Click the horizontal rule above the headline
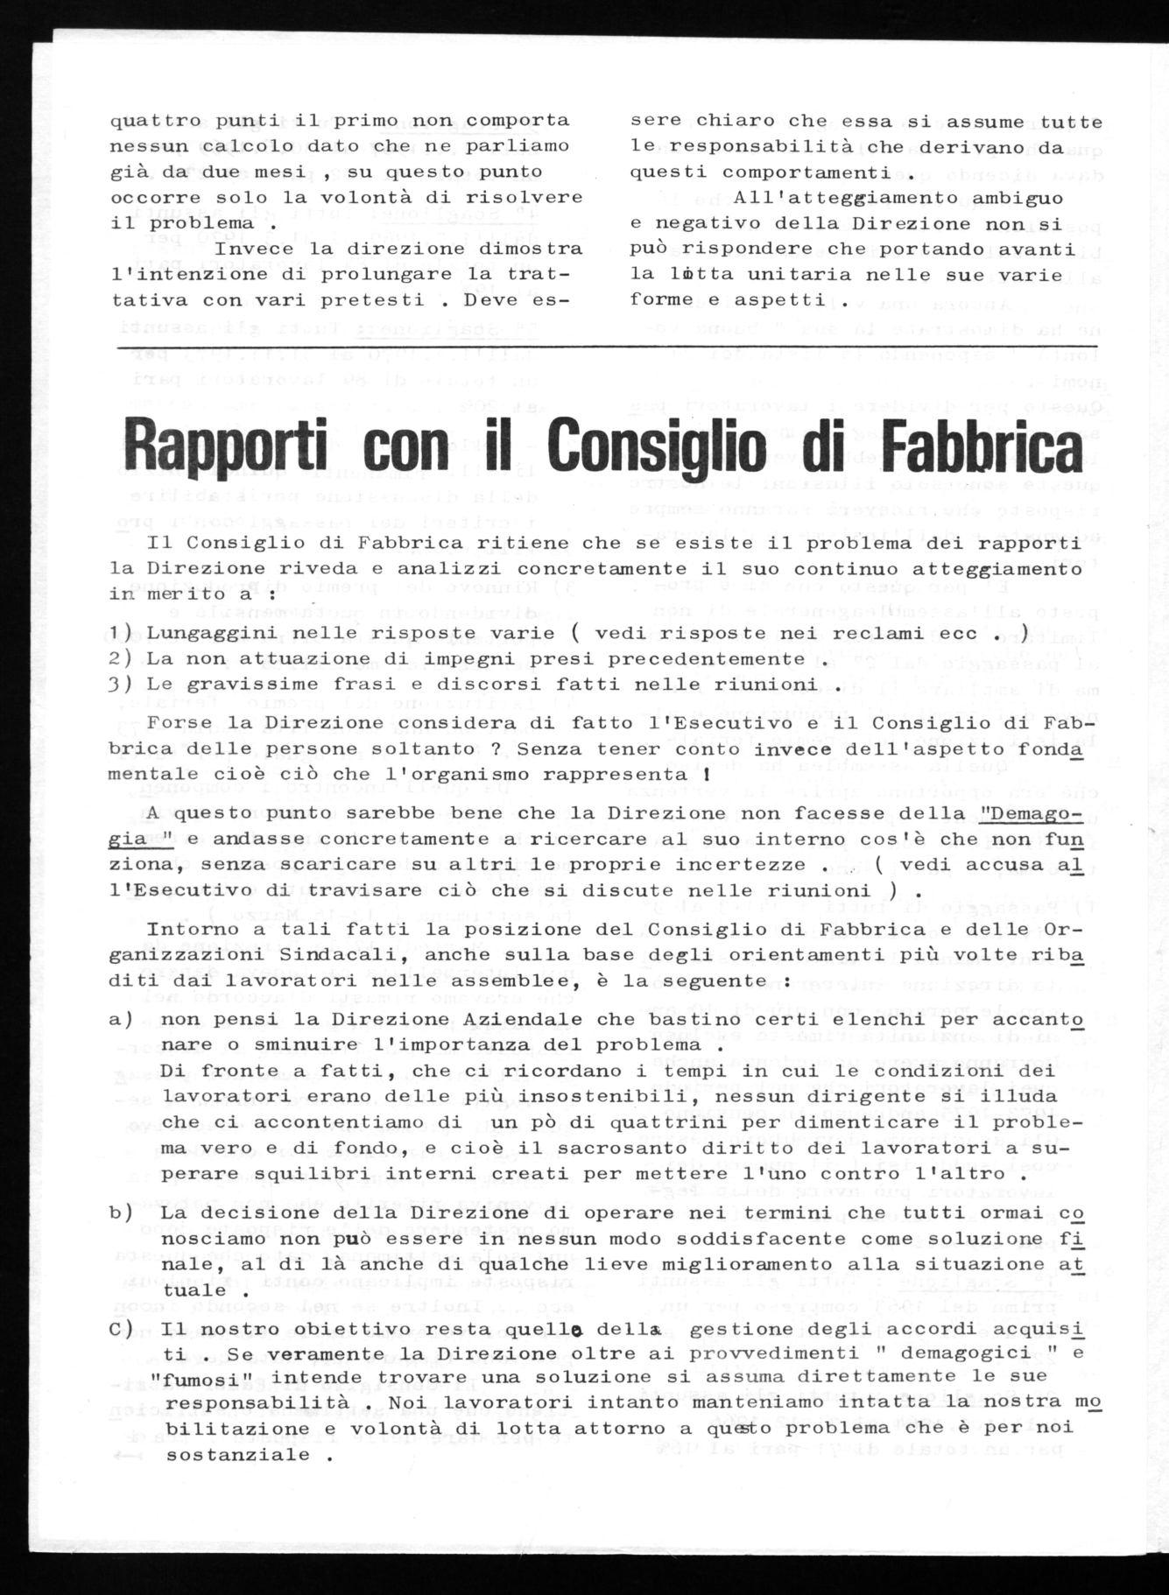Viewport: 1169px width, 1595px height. point(613,348)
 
